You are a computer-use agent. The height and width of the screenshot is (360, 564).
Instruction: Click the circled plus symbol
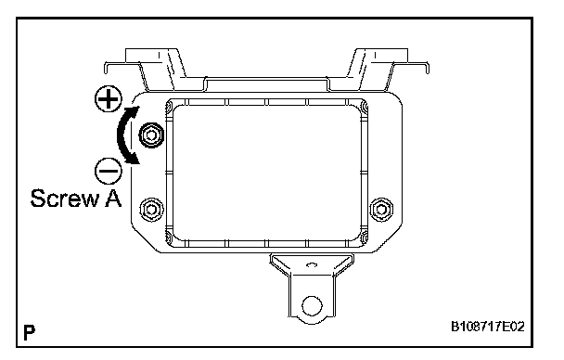[x=109, y=98]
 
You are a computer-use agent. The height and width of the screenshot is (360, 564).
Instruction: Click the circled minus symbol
[x=109, y=171]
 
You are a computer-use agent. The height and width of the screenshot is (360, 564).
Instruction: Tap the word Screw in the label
[x=64, y=199]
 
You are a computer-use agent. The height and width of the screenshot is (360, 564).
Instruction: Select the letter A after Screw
[x=113, y=199]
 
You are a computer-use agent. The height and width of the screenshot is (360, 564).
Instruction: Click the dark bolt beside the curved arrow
[x=151, y=135]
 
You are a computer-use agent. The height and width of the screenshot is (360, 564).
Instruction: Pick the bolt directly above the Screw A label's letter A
[x=151, y=209]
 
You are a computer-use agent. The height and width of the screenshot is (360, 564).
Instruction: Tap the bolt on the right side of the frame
[x=381, y=209]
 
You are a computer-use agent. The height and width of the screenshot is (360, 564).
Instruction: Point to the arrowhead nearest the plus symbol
[x=133, y=110]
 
